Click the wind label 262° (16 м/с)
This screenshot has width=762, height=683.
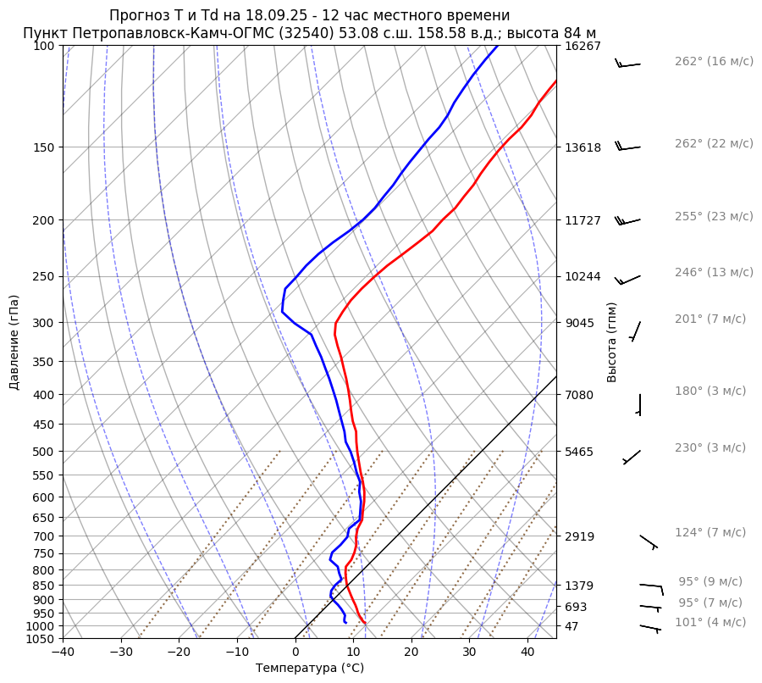click(x=714, y=61)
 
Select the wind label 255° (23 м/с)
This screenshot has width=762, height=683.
click(x=714, y=216)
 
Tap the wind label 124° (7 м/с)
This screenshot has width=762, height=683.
click(x=710, y=532)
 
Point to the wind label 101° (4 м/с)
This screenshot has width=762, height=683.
click(x=710, y=622)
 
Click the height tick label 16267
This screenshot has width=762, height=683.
click(x=583, y=46)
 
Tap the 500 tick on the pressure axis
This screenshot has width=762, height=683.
click(x=43, y=452)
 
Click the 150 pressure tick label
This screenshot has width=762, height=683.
click(x=43, y=147)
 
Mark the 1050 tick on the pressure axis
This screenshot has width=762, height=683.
click(x=41, y=639)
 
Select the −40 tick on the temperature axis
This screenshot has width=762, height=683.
click(x=63, y=652)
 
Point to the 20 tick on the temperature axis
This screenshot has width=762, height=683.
click(x=411, y=652)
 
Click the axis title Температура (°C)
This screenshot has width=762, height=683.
click(x=310, y=669)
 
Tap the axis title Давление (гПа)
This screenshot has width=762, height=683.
click(x=14, y=342)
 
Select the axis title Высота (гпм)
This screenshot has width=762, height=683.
click(x=612, y=342)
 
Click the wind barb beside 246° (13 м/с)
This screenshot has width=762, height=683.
click(x=628, y=279)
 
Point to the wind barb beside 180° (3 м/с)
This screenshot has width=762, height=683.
click(x=639, y=405)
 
